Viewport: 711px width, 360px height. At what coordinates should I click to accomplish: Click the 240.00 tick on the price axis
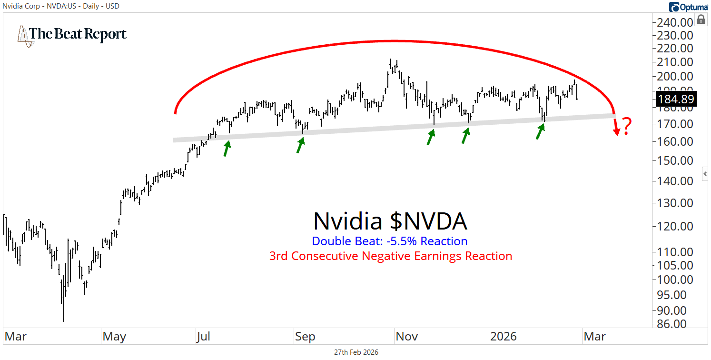pos(675,22)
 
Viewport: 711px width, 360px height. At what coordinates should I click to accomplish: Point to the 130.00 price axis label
pos(675,203)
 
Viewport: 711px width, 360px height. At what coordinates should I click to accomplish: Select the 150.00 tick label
pos(675,160)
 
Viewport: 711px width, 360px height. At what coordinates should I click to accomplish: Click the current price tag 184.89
pos(675,100)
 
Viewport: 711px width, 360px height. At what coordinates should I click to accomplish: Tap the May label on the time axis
pos(114,337)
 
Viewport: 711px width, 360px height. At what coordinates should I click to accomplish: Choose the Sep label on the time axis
pos(305,337)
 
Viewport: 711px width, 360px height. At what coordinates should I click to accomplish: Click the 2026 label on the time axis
pos(504,337)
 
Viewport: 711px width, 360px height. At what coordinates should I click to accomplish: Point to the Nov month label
pos(407,337)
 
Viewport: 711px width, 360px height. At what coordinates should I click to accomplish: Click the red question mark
pos(627,126)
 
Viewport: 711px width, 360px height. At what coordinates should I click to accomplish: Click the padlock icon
pos(701,19)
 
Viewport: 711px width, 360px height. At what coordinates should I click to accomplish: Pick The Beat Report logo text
pos(78,34)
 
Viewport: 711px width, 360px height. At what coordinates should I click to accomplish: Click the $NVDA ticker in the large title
pos(428,221)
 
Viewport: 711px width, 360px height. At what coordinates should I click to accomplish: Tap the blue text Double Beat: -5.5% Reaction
pos(390,241)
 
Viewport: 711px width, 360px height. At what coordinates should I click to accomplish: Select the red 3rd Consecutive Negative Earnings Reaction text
pos(391,256)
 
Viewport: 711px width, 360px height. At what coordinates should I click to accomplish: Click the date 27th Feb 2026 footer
pos(356,352)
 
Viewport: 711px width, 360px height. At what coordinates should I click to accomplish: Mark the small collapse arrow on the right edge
pos(706,174)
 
